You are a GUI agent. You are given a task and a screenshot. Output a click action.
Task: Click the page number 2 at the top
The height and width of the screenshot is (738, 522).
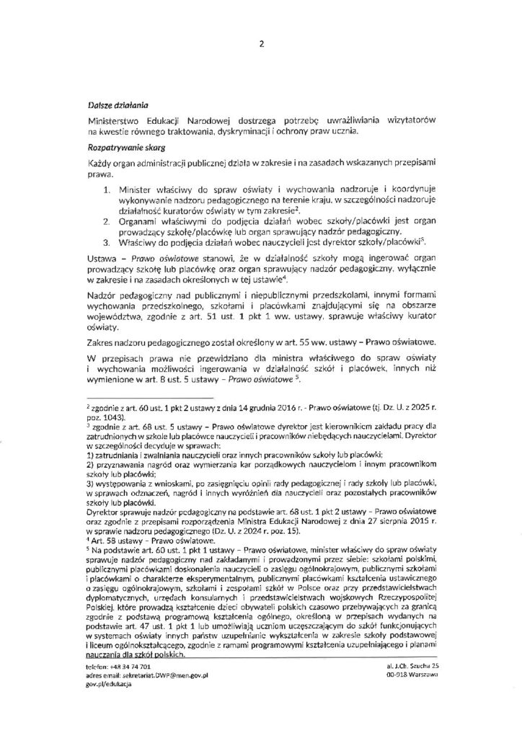[261, 43]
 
